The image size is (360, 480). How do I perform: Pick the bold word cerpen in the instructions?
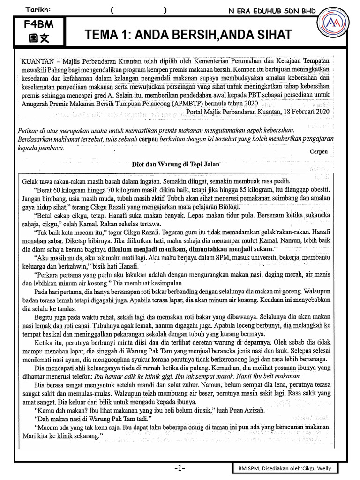click(150, 140)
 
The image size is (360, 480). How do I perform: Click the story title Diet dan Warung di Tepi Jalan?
click(174, 165)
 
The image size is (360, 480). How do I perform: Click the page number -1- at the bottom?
click(180, 468)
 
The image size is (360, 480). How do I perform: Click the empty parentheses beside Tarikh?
click(138, 10)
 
